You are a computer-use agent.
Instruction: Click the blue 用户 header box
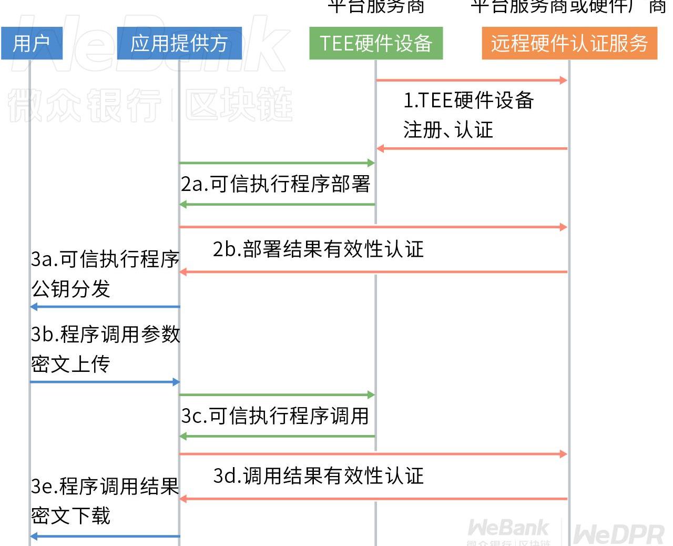[32, 43]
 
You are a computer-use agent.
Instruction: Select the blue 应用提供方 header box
[179, 43]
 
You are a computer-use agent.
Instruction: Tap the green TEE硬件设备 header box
[376, 43]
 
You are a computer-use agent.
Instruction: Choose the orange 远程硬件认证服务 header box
[569, 43]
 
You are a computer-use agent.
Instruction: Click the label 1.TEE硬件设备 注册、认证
[468, 115]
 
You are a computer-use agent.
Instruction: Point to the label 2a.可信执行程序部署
[276, 184]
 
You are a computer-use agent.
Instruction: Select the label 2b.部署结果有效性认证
[318, 249]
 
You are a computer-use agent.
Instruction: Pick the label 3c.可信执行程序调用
[275, 416]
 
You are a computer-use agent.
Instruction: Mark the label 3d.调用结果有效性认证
[318, 476]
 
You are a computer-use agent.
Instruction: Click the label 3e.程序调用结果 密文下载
[105, 501]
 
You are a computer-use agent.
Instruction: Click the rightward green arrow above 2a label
[277, 163]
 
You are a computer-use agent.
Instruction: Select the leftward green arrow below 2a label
[277, 204]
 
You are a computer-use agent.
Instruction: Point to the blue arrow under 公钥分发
[105, 307]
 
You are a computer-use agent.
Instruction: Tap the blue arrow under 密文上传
[105, 382]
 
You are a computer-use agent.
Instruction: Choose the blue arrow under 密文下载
[105, 537]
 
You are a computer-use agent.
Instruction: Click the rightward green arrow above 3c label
[277, 395]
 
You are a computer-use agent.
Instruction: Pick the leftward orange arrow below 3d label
[373, 498]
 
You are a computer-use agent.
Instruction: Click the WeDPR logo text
[618, 534]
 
